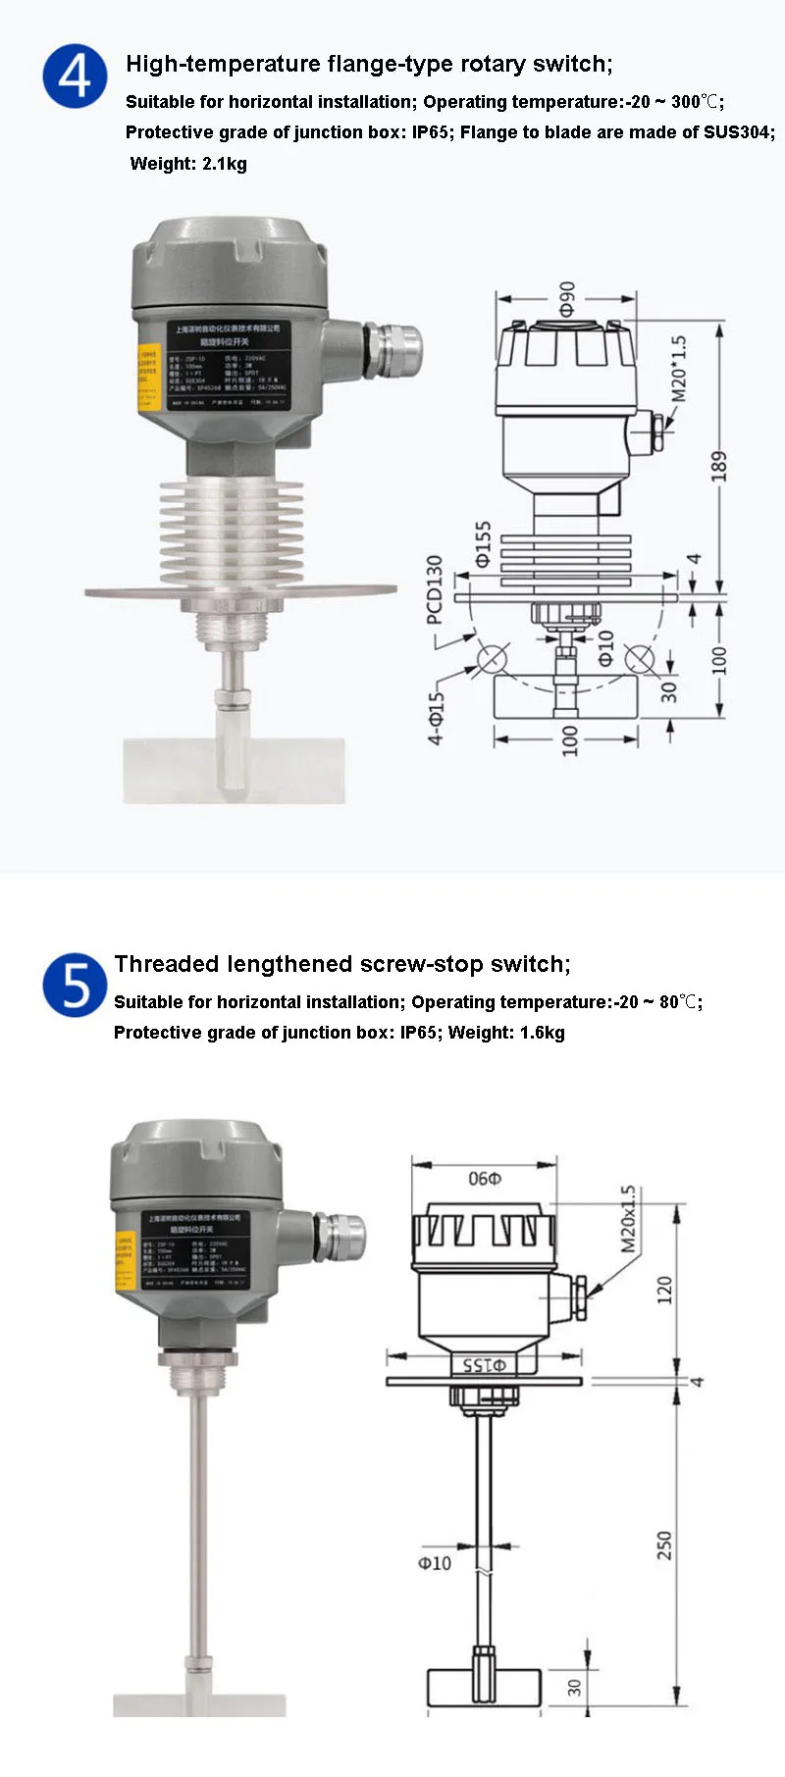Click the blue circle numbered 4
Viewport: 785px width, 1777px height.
[x=75, y=76]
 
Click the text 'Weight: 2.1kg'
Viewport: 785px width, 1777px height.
[x=188, y=164]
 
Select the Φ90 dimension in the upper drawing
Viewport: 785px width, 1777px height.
[x=567, y=300]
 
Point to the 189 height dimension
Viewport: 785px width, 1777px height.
[x=719, y=466]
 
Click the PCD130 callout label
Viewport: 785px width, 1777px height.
[x=435, y=589]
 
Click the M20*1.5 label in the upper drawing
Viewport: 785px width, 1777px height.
[x=679, y=369]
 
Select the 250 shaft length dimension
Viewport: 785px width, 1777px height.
[x=664, y=1545]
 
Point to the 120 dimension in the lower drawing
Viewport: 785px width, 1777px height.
[x=664, y=1289]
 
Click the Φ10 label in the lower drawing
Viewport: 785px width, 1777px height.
[x=435, y=1563]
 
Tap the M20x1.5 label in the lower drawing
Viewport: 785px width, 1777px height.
[x=628, y=1219]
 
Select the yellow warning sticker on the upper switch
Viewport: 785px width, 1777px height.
[x=147, y=376]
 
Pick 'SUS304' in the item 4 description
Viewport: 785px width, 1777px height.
[x=738, y=132]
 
